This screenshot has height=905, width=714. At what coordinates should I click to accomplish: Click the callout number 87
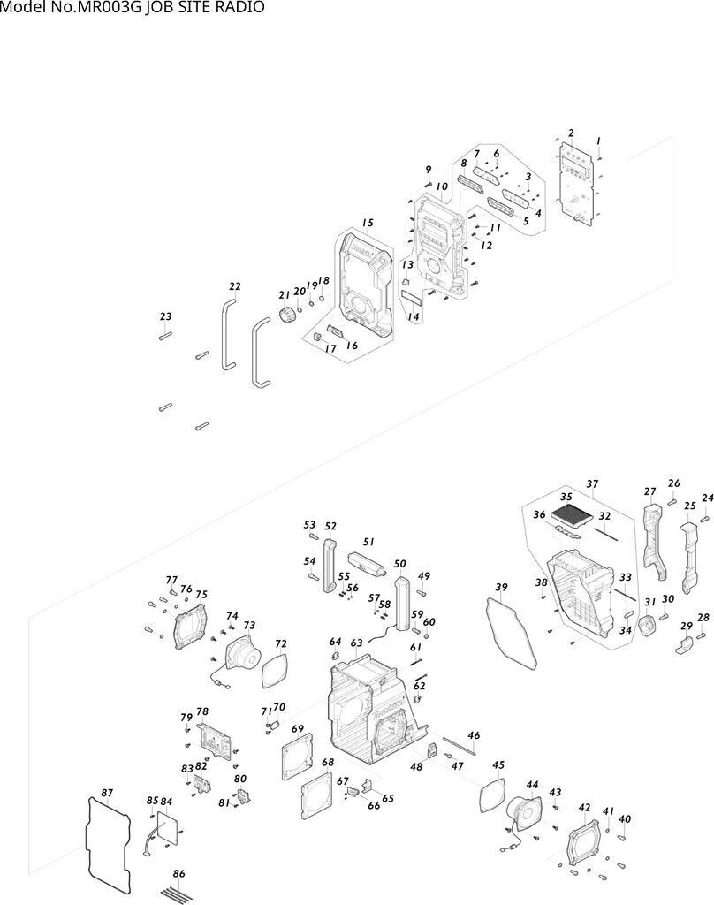(107, 793)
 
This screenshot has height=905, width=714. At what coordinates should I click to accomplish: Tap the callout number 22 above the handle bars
(235, 286)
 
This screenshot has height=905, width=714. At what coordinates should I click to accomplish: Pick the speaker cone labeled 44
(524, 814)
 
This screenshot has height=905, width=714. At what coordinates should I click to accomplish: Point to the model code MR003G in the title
(101, 7)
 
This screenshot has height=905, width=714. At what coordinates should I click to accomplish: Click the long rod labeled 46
(459, 745)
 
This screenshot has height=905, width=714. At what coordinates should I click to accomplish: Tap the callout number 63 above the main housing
(357, 643)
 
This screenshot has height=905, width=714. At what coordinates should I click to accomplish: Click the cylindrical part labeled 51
(366, 561)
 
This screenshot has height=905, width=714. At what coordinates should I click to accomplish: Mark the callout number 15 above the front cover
(368, 223)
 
